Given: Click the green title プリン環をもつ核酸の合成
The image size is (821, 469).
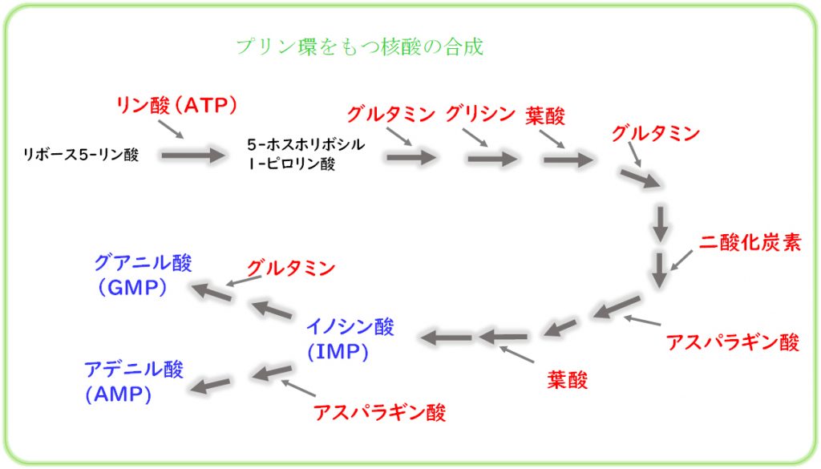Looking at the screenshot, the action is (360, 47).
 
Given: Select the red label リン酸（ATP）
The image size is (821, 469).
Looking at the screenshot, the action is (176, 105).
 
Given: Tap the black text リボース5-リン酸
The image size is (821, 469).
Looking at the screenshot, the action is (81, 155).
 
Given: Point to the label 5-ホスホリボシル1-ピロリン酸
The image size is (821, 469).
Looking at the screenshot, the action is (305, 154).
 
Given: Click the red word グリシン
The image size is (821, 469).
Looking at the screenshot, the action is (480, 114).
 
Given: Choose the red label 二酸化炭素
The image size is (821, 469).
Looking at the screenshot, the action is (750, 242).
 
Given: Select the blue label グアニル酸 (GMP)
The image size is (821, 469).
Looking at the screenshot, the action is (143, 275).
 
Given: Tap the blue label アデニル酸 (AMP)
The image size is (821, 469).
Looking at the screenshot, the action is (134, 382).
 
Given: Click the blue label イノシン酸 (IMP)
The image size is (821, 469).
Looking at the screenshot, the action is (350, 338).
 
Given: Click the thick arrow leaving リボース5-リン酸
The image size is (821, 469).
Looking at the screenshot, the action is (193, 156).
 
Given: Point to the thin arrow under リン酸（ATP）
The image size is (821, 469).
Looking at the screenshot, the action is (171, 129).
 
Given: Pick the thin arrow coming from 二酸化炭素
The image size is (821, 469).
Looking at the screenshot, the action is (681, 260).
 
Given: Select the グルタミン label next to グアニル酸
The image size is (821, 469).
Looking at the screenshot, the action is (290, 269).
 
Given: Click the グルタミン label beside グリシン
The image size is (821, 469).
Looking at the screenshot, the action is (391, 114).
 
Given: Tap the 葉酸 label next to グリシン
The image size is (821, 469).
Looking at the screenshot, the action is (545, 115).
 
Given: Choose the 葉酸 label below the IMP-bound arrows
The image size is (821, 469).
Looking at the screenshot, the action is (567, 380).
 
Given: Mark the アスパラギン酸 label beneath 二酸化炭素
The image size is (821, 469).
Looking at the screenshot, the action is (733, 342).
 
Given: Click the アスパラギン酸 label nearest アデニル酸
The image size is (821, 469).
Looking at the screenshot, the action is (379, 412).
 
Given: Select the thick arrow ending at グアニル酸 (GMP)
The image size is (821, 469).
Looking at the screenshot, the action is (212, 292).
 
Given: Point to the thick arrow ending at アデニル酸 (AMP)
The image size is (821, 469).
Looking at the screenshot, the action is (210, 386).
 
